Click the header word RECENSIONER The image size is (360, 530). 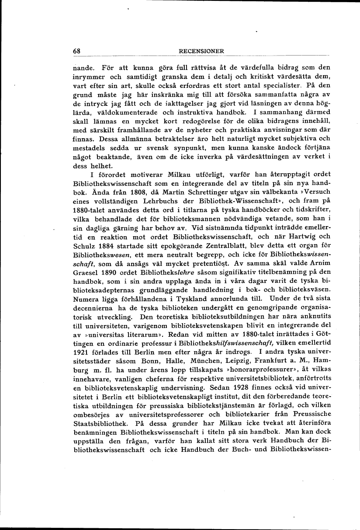pos(202,51)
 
